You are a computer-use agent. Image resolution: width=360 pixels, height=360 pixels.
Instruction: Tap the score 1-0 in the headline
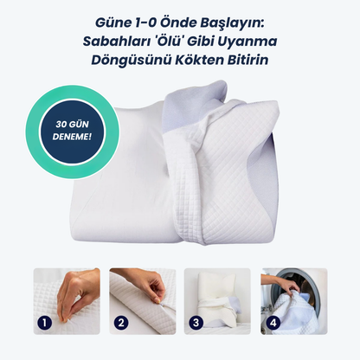(145, 23)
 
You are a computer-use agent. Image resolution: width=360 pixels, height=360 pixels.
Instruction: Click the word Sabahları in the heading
(114, 42)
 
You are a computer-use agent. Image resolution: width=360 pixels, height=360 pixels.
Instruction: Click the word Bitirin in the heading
(248, 60)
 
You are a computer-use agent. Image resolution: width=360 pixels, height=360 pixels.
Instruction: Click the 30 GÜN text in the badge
(72, 125)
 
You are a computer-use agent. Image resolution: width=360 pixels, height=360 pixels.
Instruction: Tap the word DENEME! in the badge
(72, 137)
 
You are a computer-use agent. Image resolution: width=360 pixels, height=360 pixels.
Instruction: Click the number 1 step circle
(44, 323)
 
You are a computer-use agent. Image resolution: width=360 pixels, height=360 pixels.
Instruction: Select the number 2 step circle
(121, 323)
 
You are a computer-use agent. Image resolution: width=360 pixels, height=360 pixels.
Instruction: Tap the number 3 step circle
(196, 323)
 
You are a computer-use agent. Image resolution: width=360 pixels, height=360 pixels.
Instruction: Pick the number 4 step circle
(273, 323)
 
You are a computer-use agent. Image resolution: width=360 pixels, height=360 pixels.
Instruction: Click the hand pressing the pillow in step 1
(77, 294)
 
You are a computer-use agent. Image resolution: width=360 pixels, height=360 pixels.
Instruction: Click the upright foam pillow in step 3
(215, 292)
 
